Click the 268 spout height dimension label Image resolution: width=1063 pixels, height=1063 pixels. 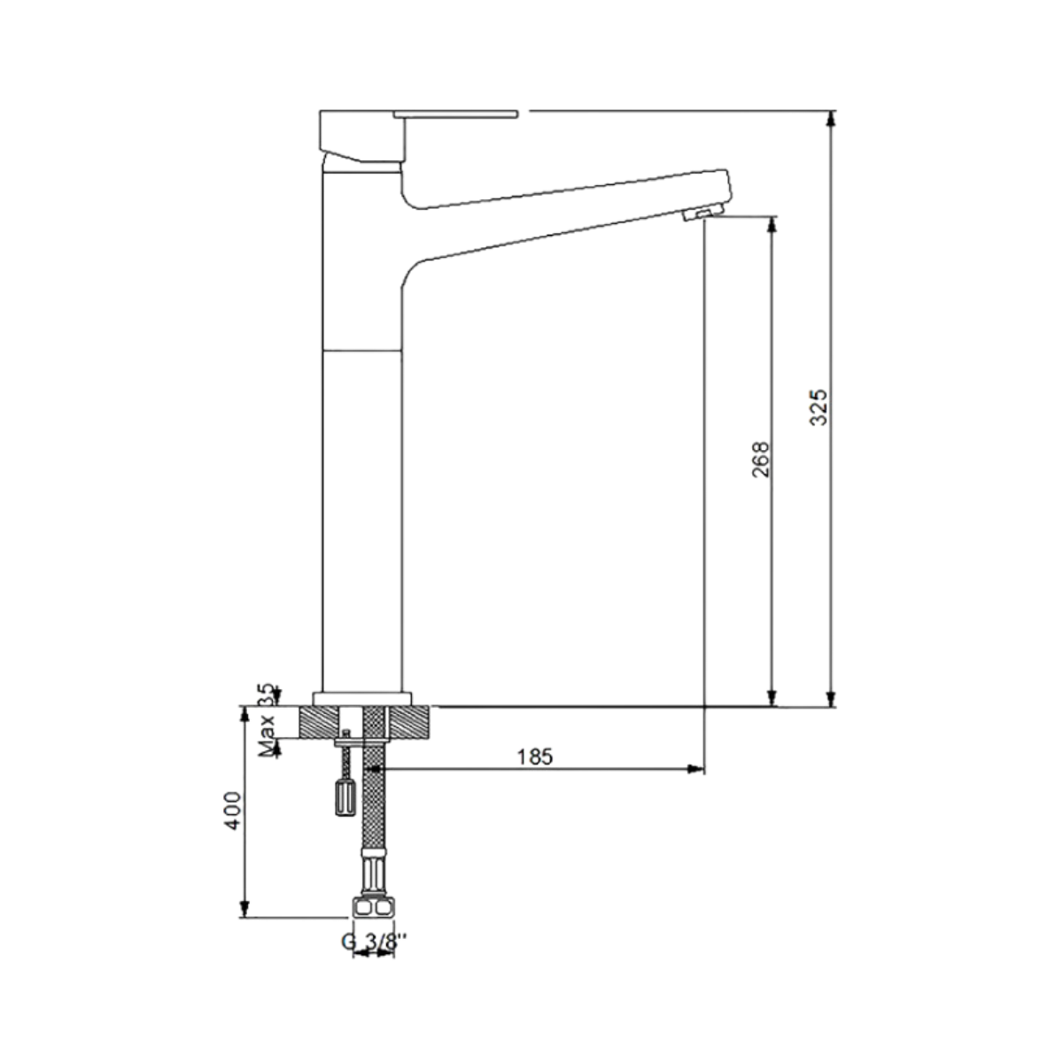[760, 459]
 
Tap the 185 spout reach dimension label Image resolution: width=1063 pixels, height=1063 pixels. [534, 757]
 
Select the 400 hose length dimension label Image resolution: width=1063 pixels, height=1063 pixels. [233, 811]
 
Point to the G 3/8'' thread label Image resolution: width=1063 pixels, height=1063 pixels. [374, 942]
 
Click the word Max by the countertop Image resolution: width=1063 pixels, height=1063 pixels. [267, 736]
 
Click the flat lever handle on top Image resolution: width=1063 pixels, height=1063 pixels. [455, 113]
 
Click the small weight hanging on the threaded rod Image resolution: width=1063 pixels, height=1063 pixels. [345, 797]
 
